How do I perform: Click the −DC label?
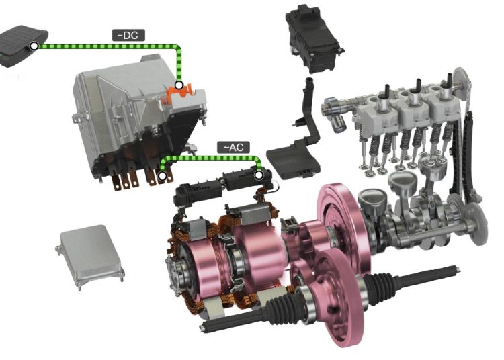click(128, 35)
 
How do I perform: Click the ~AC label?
click(233, 147)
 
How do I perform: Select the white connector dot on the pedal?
click(34, 46)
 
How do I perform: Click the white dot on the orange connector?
click(179, 85)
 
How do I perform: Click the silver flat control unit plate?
click(91, 255)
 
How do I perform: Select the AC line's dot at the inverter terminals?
click(163, 176)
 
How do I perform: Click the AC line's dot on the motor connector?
click(259, 175)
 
